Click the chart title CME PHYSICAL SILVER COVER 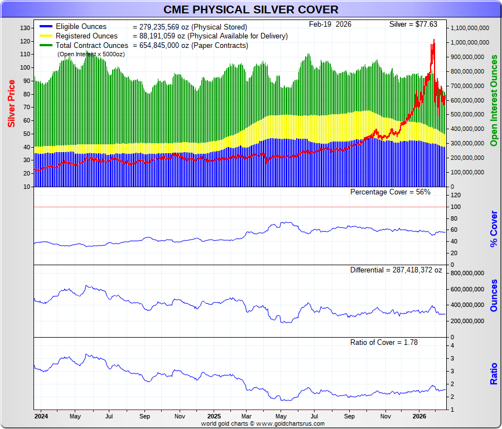250,9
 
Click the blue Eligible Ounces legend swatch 46,27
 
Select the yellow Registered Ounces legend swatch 46,36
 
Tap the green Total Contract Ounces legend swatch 46,46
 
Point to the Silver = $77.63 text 413,25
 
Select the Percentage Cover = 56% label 390,192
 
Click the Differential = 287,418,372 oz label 396,270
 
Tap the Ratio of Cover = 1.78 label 384,342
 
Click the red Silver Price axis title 11,104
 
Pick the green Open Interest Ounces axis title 494,101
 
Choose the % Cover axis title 494,229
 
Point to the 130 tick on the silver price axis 25,28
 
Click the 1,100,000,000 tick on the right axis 470,28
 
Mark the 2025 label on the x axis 214,416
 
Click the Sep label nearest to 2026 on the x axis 349,416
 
